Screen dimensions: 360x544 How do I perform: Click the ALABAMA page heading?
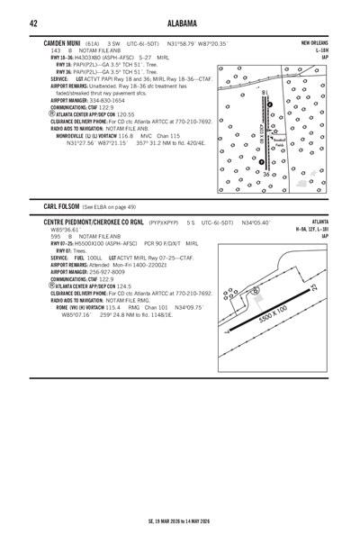pos(179,22)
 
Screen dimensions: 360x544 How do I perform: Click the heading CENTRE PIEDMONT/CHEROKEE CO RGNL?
pos(109,221)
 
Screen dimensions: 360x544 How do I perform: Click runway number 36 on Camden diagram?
pos(266,173)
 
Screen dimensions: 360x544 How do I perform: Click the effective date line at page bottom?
pos(179,520)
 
